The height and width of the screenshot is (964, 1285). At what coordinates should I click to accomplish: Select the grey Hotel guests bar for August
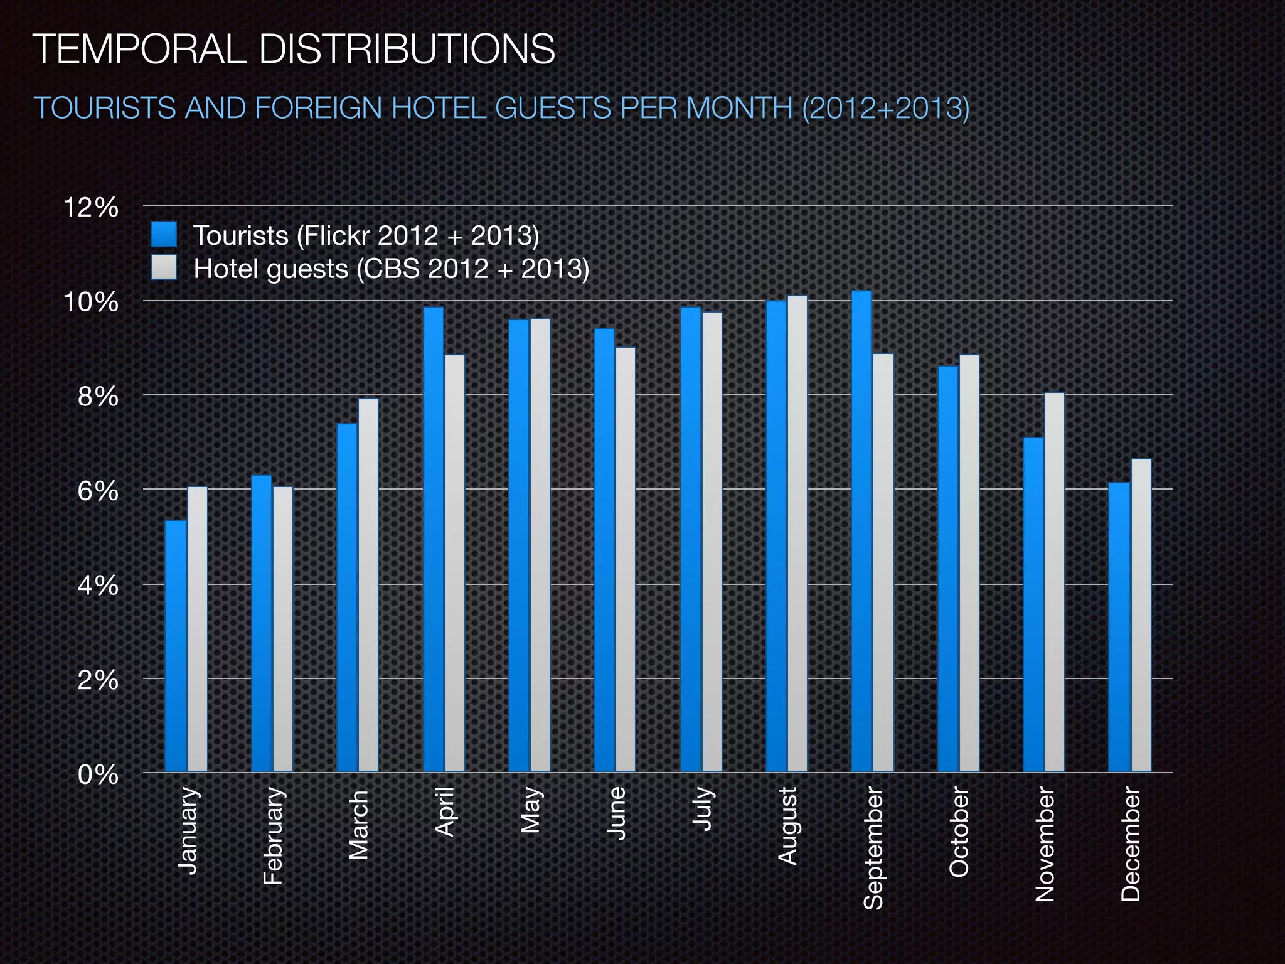(x=797, y=533)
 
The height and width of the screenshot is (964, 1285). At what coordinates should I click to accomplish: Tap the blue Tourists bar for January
(x=176, y=646)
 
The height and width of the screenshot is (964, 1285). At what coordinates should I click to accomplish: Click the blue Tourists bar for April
(x=434, y=539)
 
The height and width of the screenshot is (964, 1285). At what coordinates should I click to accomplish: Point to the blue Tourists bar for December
(x=1119, y=627)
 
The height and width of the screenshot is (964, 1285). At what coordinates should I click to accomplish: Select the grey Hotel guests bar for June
(x=626, y=559)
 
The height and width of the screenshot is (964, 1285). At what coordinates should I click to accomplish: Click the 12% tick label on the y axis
(x=91, y=208)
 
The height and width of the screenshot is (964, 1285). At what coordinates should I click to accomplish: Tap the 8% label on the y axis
(x=98, y=397)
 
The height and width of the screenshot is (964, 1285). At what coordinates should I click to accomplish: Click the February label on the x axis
(x=274, y=835)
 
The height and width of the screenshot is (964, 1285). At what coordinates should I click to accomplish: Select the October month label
(x=959, y=833)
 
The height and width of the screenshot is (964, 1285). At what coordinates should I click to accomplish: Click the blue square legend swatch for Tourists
(x=164, y=235)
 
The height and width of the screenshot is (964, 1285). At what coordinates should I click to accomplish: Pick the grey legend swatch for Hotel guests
(x=164, y=267)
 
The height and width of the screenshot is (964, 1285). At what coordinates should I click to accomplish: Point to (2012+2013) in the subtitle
(x=885, y=108)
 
